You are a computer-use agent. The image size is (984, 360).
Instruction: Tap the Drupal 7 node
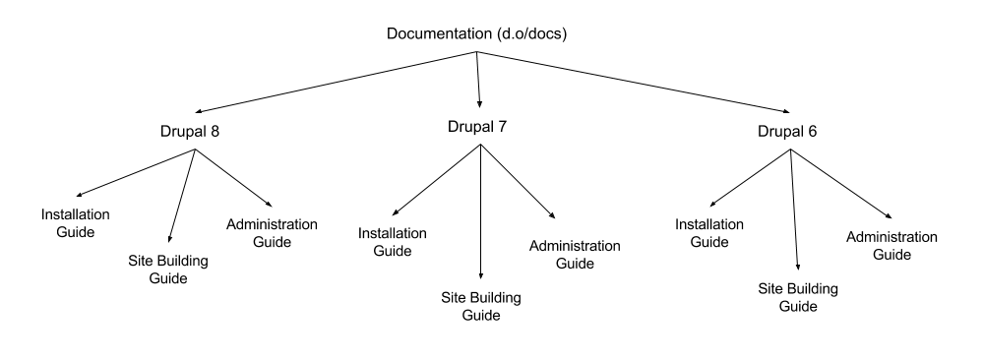[479, 127]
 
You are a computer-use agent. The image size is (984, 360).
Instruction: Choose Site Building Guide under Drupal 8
[169, 270]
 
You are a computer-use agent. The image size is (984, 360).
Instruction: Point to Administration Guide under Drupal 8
[273, 232]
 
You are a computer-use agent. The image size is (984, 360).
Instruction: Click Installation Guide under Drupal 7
[392, 242]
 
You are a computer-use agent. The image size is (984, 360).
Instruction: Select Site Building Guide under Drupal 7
[480, 306]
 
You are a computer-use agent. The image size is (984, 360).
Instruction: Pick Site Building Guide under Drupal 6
[798, 296]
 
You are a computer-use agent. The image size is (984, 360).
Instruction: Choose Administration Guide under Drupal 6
[892, 245]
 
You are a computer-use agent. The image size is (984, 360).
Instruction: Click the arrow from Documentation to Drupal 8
[337, 84]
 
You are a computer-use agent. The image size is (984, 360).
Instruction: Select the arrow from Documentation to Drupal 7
[478, 79]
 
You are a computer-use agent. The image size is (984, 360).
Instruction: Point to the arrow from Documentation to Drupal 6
[635, 84]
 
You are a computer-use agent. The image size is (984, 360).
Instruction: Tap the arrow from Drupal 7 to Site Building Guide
[480, 211]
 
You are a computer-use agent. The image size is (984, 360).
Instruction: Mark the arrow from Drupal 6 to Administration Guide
[843, 182]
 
